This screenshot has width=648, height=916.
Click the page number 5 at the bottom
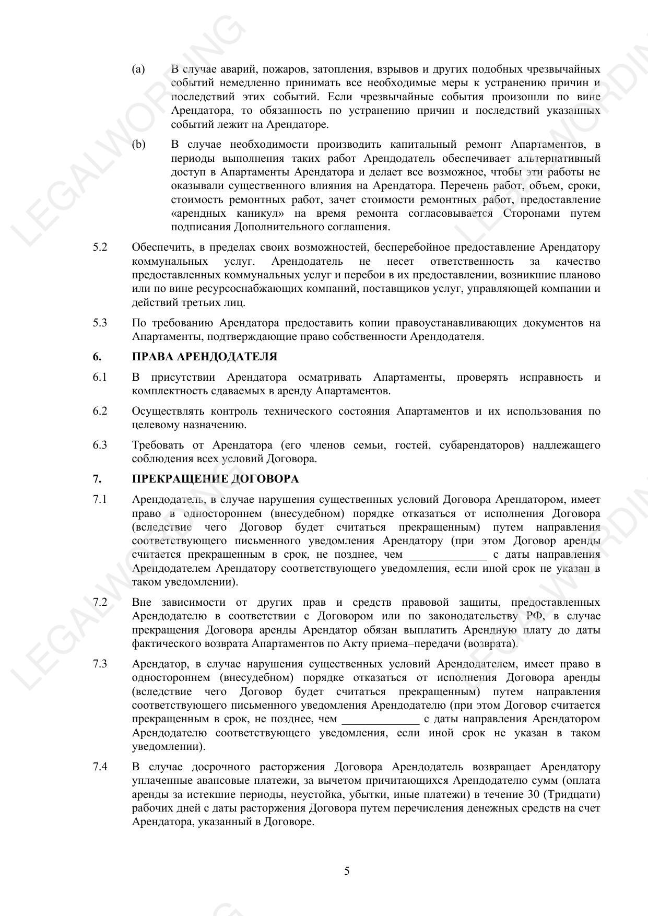347,871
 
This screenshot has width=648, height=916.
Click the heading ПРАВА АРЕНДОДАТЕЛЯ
204,357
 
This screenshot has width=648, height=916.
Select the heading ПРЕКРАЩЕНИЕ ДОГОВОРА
215,479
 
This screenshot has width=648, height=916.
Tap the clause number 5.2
100,247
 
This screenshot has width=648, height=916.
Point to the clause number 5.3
100,323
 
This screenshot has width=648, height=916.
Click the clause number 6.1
100,377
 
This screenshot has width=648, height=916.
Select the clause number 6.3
100,445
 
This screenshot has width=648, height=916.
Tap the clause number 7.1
100,499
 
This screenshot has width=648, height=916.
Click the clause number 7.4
100,767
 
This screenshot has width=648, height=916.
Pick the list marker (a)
138,69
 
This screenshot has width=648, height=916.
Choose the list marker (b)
138,145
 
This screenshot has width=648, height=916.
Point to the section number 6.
97,357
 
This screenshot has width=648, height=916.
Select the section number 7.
97,479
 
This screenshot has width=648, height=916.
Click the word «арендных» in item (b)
198,214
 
